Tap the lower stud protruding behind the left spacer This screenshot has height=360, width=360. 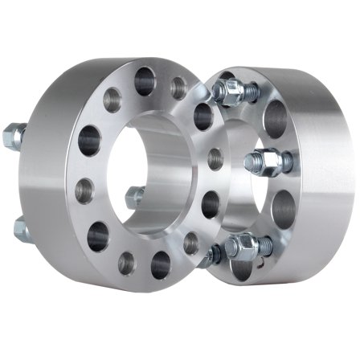pyautogui.click(x=21, y=231)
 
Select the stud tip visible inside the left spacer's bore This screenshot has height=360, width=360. pyautogui.click(x=135, y=195)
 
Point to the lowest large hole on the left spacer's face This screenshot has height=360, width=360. pyautogui.click(x=160, y=264)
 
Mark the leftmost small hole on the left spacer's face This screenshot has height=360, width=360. pyautogui.click(x=84, y=191)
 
